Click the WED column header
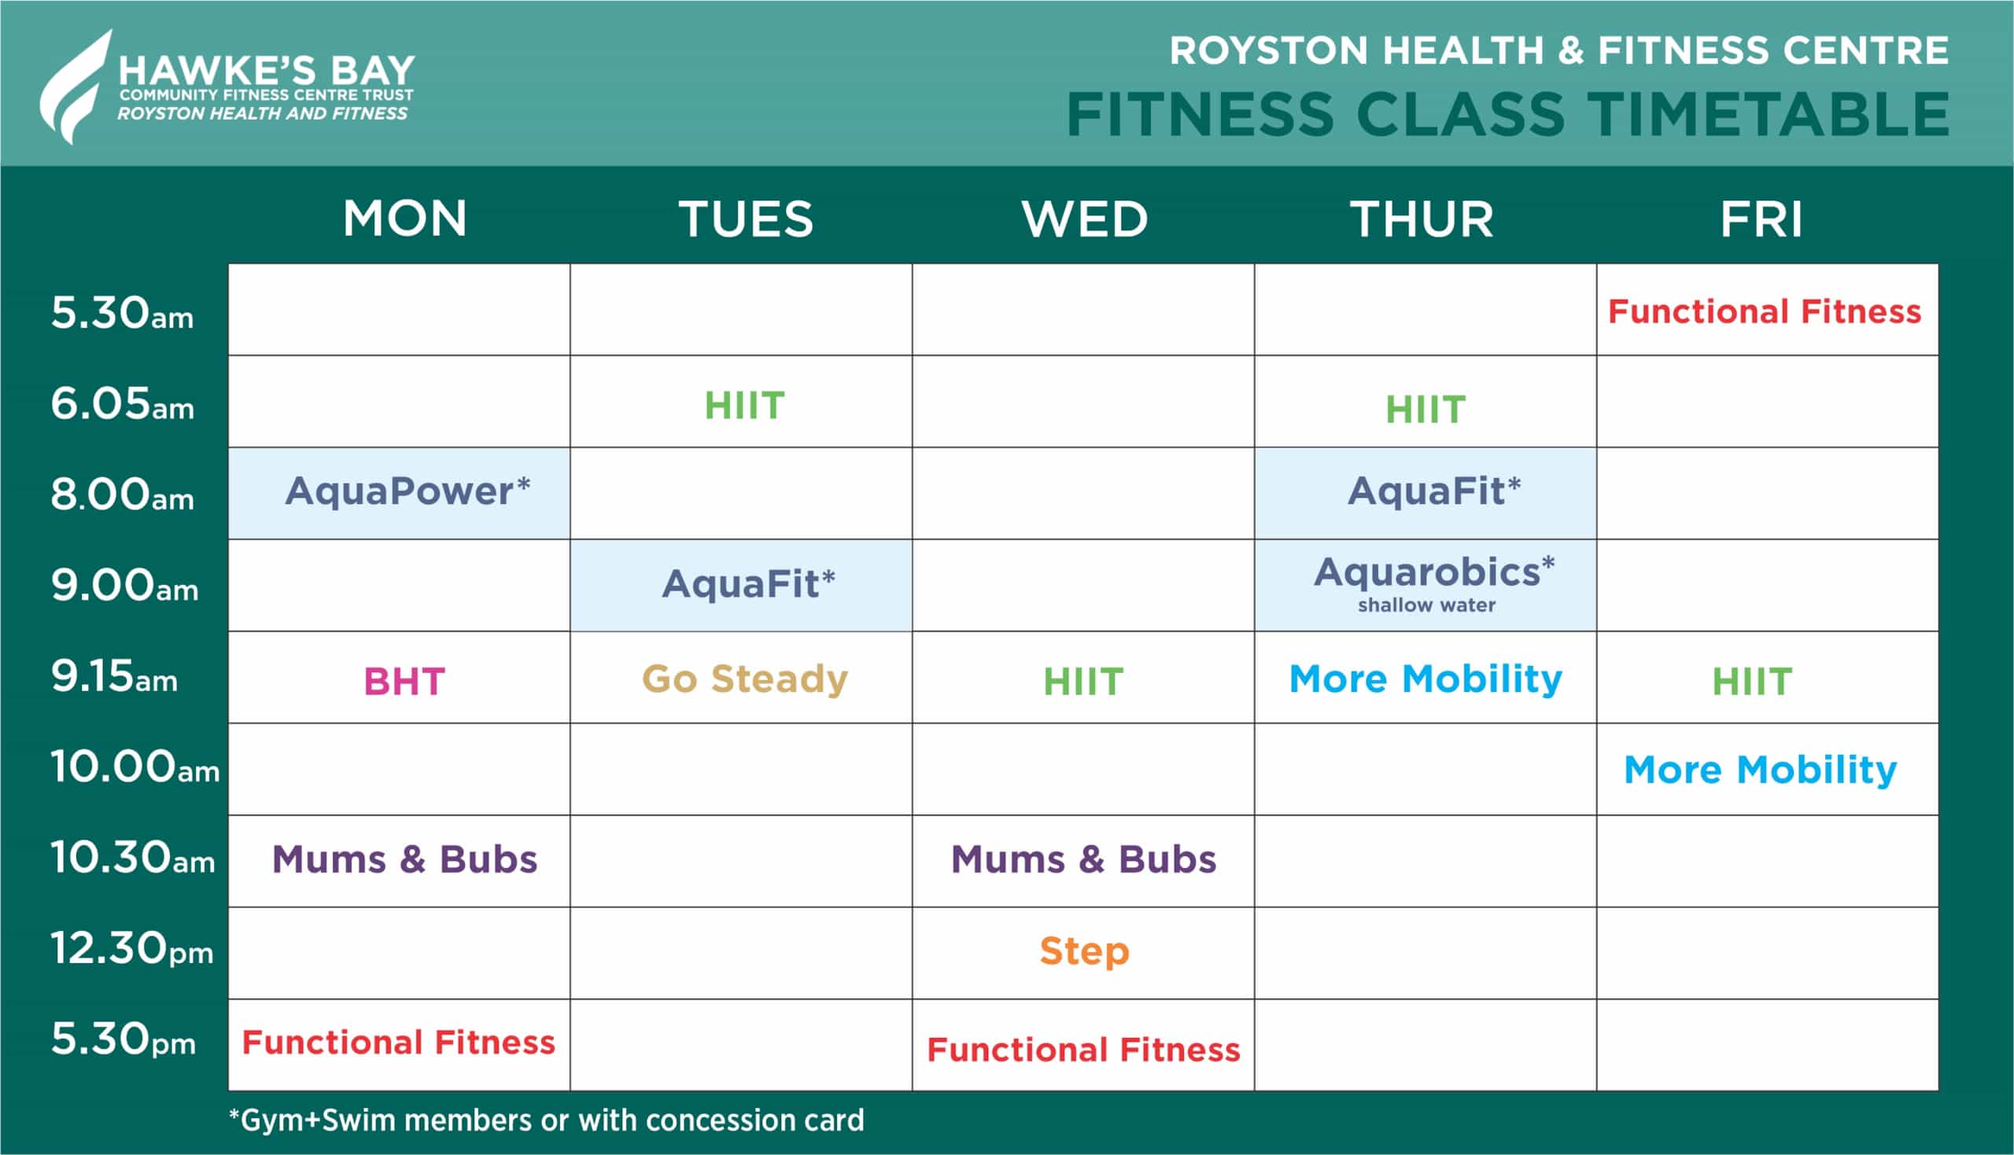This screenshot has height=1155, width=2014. pyautogui.click(x=1085, y=219)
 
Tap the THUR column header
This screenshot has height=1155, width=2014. pyautogui.click(x=1422, y=219)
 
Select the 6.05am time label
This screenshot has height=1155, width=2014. pyautogui.click(x=122, y=404)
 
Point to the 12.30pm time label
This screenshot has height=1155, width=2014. pyautogui.click(x=132, y=949)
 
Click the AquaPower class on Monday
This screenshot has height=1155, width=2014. pyautogui.click(x=408, y=491)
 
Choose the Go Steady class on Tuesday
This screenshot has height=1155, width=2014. pyautogui.click(x=745, y=680)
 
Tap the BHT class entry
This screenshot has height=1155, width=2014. pyautogui.click(x=404, y=682)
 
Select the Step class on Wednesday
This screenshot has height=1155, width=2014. pyautogui.click(x=1085, y=951)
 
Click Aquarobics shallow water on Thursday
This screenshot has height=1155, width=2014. pyautogui.click(x=1434, y=584)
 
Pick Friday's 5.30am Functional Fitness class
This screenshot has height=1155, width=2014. pyautogui.click(x=1765, y=312)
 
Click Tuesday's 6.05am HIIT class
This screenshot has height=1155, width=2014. pyautogui.click(x=744, y=406)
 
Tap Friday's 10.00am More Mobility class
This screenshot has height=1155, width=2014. pyautogui.click(x=1761, y=771)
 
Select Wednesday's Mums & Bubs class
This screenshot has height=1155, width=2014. pyautogui.click(x=1083, y=859)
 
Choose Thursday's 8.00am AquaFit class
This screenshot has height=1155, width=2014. pyautogui.click(x=1435, y=491)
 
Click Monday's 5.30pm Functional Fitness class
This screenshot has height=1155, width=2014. pyautogui.click(x=398, y=1043)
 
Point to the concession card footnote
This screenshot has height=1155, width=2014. pyautogui.click(x=546, y=1120)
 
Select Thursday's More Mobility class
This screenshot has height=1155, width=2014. pyautogui.click(x=1426, y=680)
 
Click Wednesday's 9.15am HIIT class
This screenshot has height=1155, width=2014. pyautogui.click(x=1083, y=682)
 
